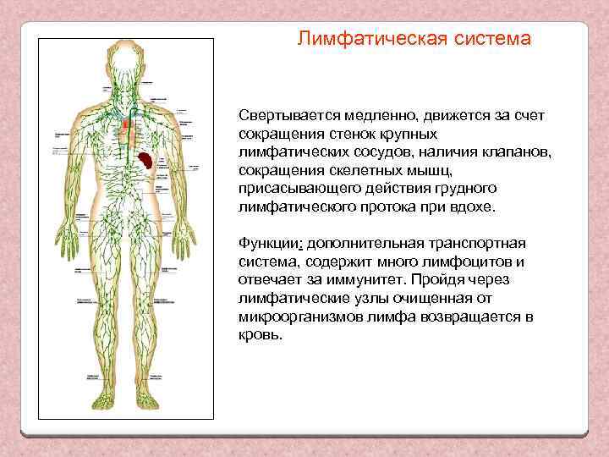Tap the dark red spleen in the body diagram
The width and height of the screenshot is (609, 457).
pyautogui.click(x=147, y=158)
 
